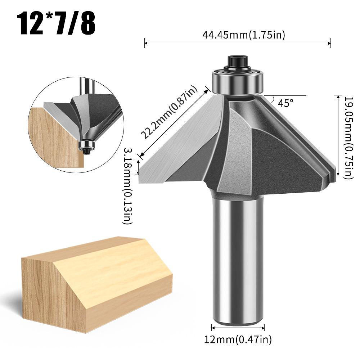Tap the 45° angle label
(286, 103)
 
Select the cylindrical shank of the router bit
(238, 259)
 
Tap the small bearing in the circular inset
(87, 145)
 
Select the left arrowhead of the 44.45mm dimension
(145, 44)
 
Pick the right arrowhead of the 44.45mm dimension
(330, 44)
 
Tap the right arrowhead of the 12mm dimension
(264, 328)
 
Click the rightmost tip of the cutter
(336, 173)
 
